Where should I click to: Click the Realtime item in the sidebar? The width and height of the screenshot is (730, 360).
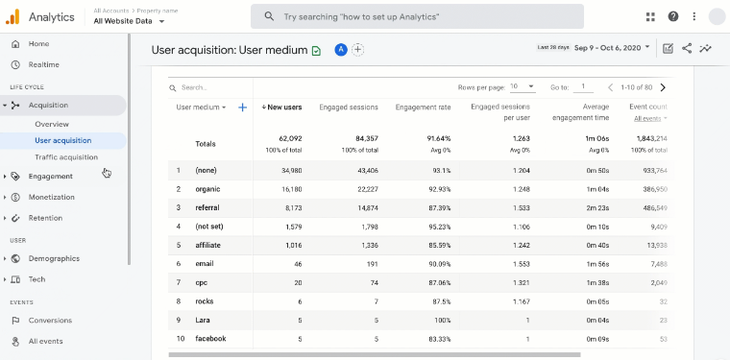43,64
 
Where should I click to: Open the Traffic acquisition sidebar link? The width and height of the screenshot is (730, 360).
66,157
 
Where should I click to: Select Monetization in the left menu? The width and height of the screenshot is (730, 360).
51,197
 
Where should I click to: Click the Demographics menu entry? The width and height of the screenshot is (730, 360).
54,258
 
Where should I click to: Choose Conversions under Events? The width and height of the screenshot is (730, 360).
50,321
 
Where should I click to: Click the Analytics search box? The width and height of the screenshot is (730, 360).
417,16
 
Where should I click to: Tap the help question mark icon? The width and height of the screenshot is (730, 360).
673,16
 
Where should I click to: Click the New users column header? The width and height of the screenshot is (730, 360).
282,108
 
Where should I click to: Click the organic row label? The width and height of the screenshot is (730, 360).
207,189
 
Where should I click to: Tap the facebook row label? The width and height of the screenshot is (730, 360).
211,338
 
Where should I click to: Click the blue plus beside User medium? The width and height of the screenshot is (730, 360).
242,108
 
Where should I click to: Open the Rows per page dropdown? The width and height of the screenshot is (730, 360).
523,86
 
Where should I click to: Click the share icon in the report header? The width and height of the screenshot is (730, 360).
687,48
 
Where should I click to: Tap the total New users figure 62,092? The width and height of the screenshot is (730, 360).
290,138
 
